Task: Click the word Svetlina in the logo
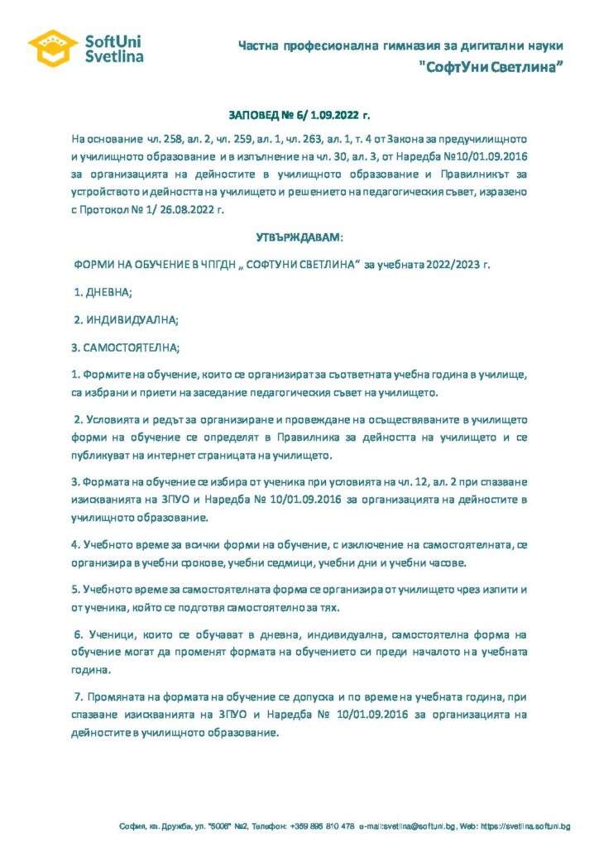pos(114,56)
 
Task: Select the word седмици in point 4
pos(327,563)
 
